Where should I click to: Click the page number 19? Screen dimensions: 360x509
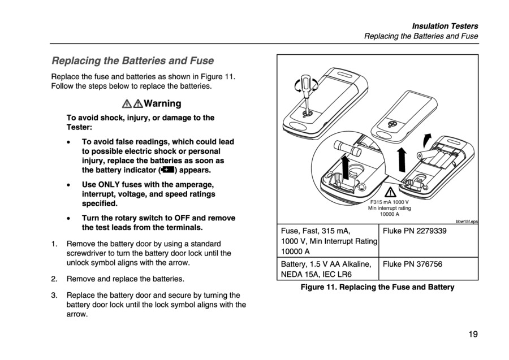pyautogui.click(x=473, y=334)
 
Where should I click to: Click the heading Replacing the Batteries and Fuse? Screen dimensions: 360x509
pyautogui.click(x=133, y=60)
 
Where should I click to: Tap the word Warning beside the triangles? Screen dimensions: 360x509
pyautogui.click(x=162, y=103)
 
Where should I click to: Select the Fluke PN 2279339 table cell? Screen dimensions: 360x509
pyautogui.click(x=415, y=231)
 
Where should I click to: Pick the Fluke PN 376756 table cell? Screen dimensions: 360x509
pyautogui.click(x=412, y=264)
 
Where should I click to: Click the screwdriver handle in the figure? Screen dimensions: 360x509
pyautogui.click(x=307, y=86)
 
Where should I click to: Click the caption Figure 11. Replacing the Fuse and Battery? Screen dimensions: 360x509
pyautogui.click(x=377, y=287)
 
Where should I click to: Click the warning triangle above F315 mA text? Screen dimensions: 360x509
pyautogui.click(x=389, y=192)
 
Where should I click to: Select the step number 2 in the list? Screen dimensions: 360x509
pyautogui.click(x=54, y=279)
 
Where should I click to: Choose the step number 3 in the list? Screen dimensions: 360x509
pyautogui.click(x=54, y=295)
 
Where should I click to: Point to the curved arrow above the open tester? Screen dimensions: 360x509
pyautogui.click(x=428, y=138)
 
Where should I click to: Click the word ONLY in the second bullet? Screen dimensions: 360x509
pyautogui.click(x=114, y=184)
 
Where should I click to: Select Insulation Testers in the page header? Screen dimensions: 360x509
pyautogui.click(x=445, y=26)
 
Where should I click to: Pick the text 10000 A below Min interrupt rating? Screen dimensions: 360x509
pyautogui.click(x=389, y=214)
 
